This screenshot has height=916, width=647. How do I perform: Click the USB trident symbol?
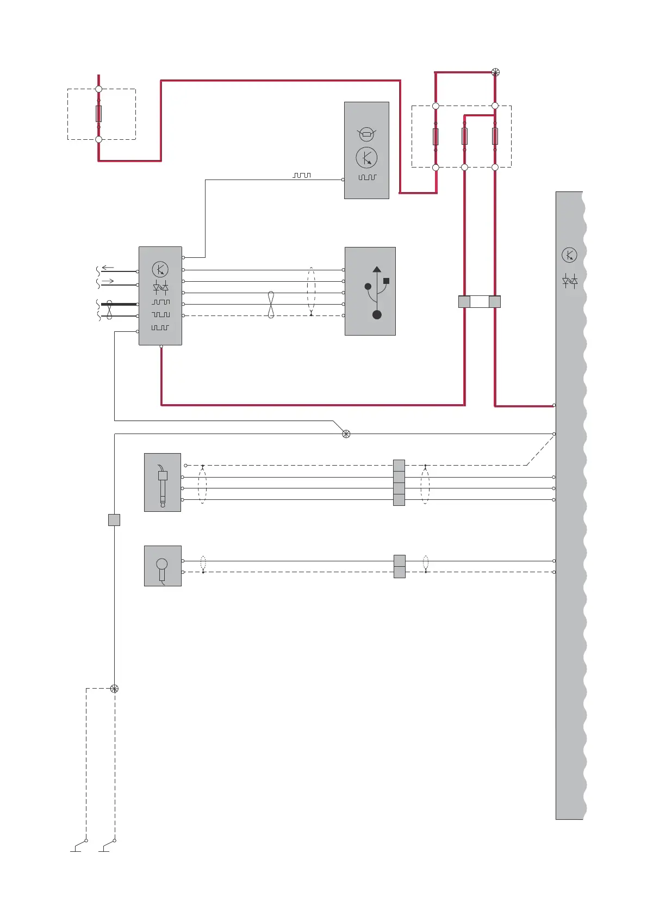click(x=376, y=292)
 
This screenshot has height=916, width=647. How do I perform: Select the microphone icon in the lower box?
click(x=162, y=568)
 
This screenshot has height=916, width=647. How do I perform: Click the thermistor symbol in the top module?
click(x=366, y=133)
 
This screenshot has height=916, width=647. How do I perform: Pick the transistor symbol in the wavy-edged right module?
click(x=569, y=255)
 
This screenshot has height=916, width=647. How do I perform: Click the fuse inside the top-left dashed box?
click(x=98, y=114)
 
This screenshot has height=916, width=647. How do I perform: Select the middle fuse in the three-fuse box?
click(x=464, y=136)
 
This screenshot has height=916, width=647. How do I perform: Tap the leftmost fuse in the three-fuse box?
click(x=436, y=136)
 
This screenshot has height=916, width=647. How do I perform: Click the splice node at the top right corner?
click(x=495, y=72)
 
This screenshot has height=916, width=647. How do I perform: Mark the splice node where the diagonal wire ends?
click(x=346, y=434)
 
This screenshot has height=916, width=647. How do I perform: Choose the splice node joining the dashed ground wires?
click(x=114, y=689)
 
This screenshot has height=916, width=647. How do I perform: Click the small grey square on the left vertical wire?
click(x=114, y=520)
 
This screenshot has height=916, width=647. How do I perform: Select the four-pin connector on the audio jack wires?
click(x=399, y=482)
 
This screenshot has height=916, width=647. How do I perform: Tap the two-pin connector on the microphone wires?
click(x=399, y=566)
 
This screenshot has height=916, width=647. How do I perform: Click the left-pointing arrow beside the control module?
click(x=108, y=268)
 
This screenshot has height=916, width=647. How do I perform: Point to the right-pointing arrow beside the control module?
click(x=108, y=281)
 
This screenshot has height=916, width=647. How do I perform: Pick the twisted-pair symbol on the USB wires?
click(x=271, y=305)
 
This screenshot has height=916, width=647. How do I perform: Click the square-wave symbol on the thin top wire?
click(x=302, y=176)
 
